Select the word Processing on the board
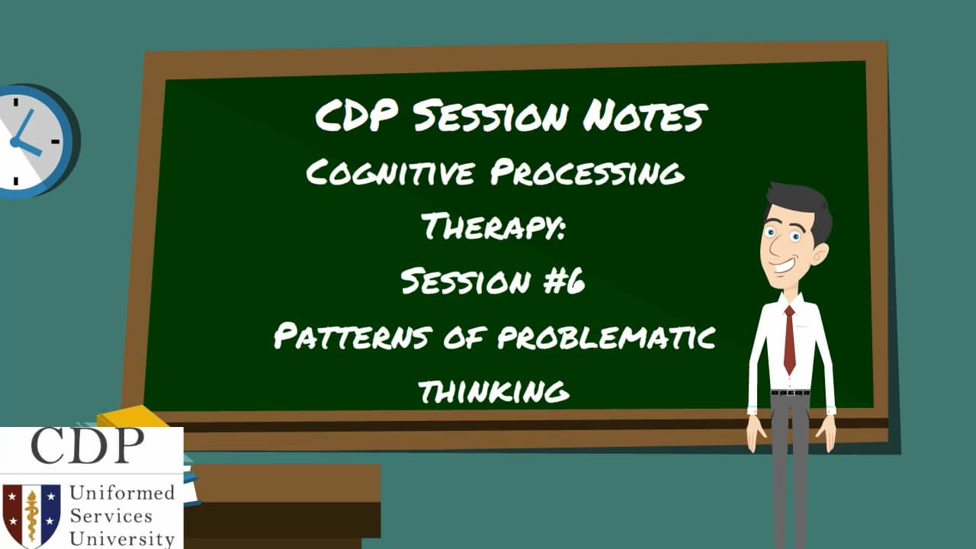coord(587,175)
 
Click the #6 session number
coord(565,282)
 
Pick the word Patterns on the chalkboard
coord(354,336)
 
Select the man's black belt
coord(790,393)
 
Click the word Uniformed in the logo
coord(122,493)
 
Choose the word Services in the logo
coord(111,516)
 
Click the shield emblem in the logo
coord(31,515)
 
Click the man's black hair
coord(801,201)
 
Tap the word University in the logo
coord(122,538)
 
